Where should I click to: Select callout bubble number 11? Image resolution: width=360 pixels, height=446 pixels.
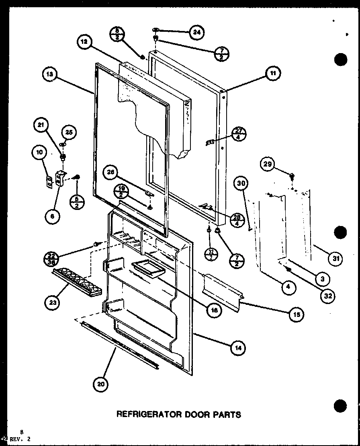[273, 74]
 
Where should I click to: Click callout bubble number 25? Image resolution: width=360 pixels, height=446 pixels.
[68, 132]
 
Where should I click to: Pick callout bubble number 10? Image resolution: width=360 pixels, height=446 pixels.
[39, 152]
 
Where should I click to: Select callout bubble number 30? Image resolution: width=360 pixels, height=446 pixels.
[242, 184]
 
